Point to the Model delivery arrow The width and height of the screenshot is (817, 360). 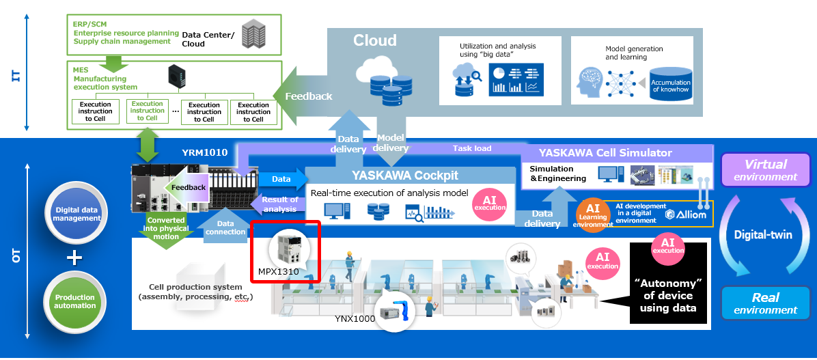[x=391, y=143]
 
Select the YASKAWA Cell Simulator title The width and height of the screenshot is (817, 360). [x=605, y=152]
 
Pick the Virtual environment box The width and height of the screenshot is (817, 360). [x=765, y=170]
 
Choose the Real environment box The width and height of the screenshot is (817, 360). [x=765, y=303]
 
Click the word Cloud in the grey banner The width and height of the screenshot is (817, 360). [x=374, y=41]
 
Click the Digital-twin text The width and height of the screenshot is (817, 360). [x=762, y=235]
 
